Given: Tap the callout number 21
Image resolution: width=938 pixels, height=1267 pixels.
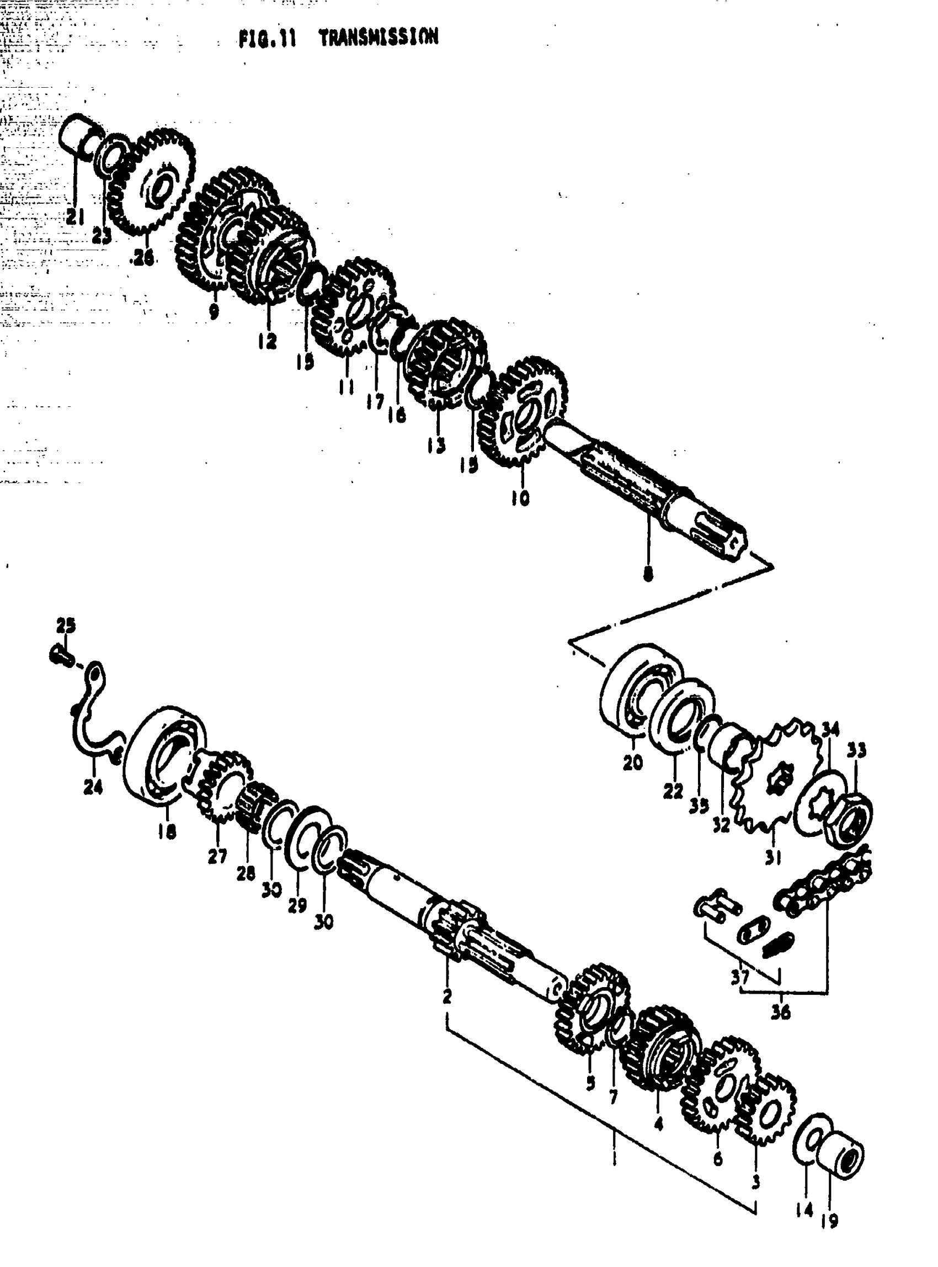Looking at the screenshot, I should point(74,216).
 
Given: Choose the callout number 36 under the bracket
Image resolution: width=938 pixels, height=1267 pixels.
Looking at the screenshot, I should point(781,1012).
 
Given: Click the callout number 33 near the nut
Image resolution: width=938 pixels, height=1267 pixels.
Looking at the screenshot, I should point(856,751).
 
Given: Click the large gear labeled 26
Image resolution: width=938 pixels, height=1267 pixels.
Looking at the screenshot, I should point(156,182).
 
